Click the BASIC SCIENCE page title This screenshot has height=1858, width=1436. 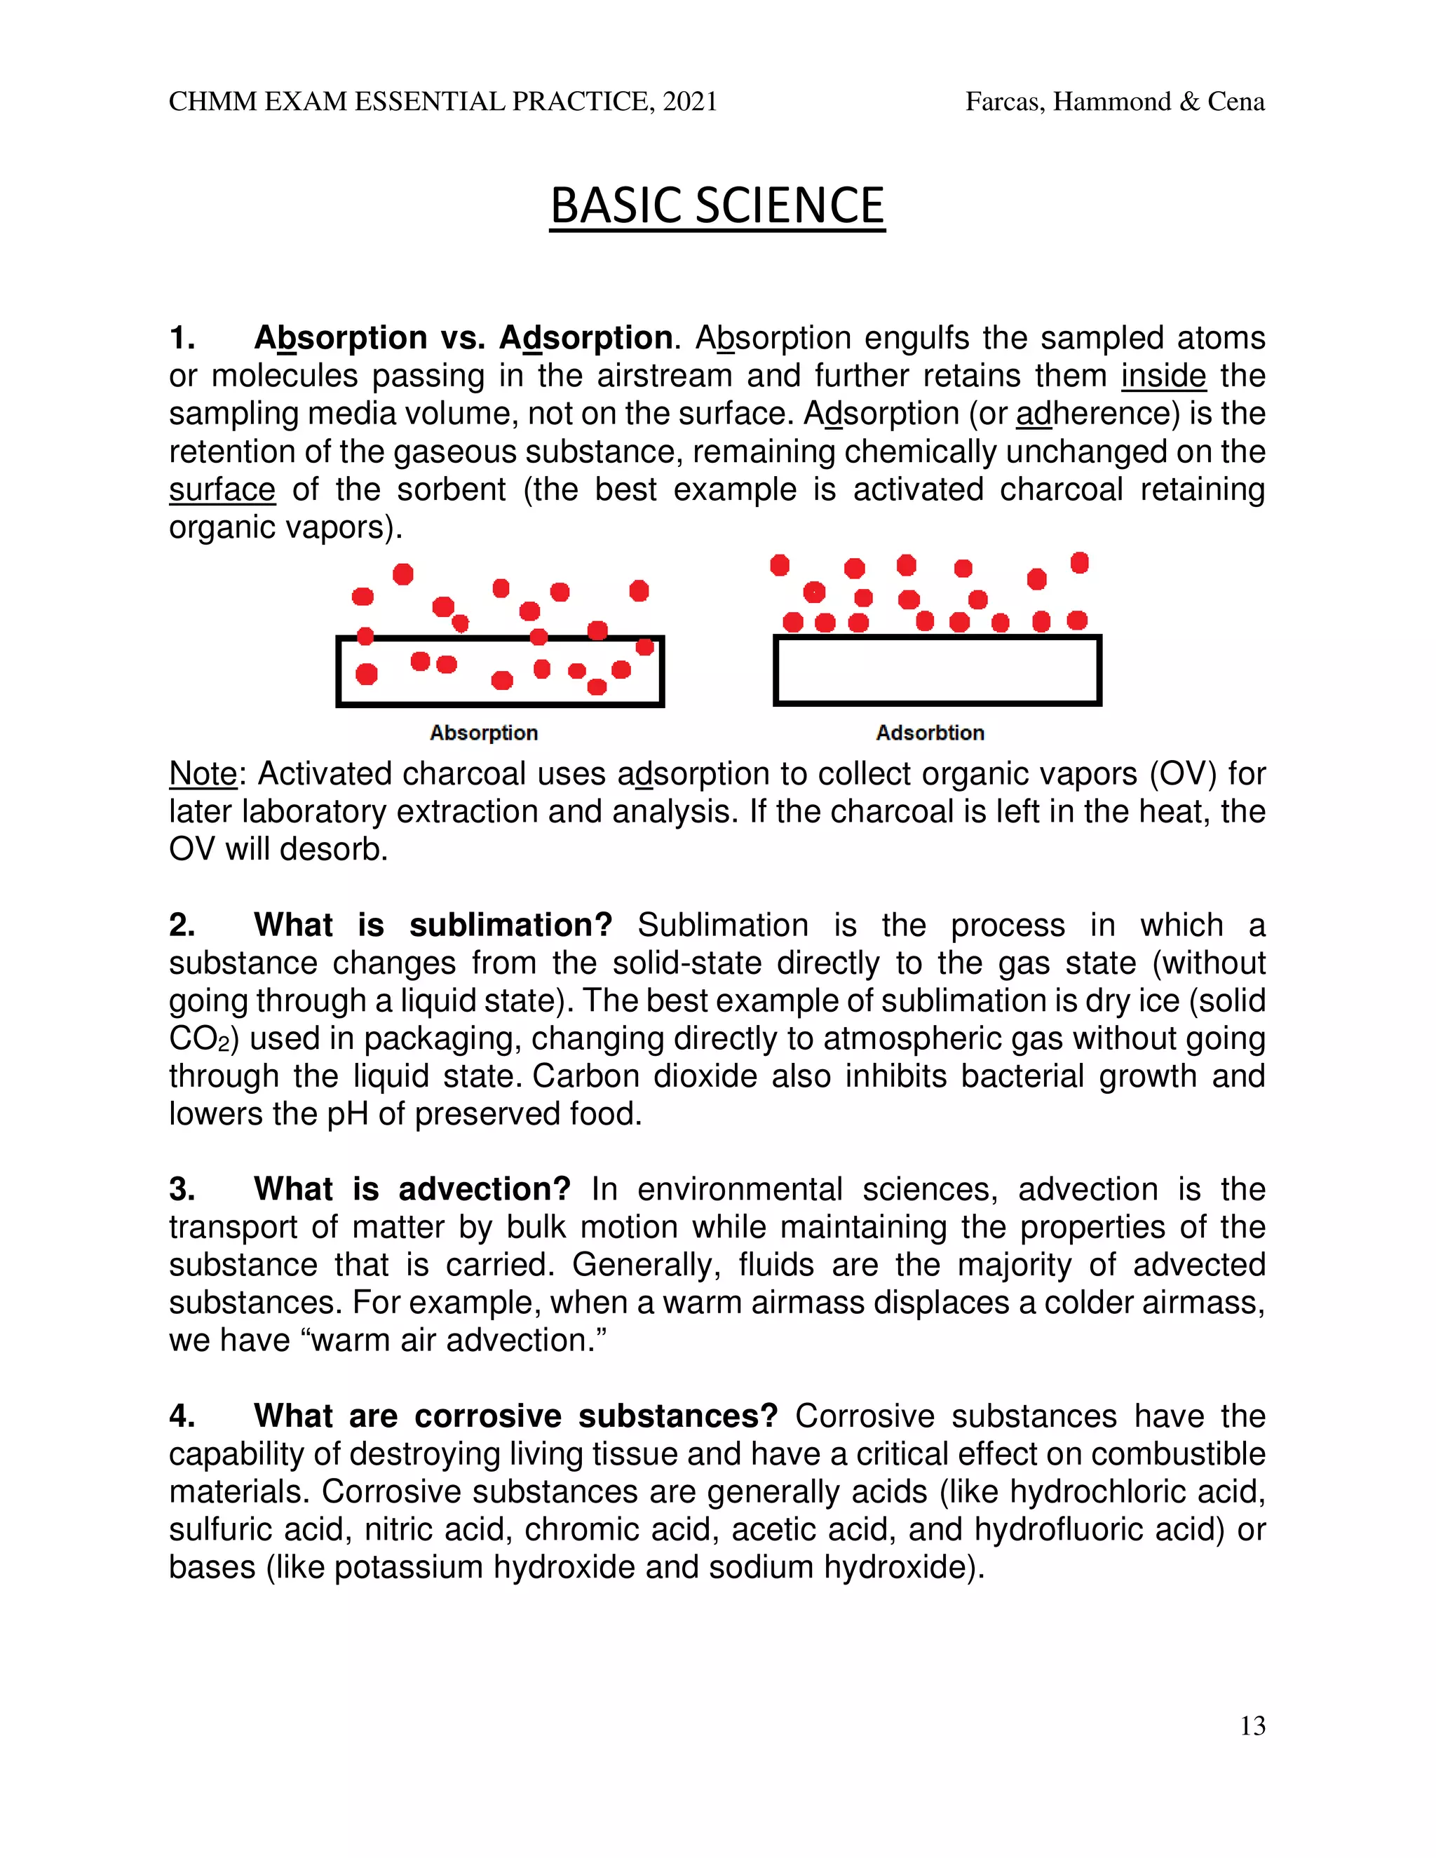[717, 207]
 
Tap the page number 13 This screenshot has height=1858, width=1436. [1252, 1725]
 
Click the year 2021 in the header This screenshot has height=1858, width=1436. [689, 102]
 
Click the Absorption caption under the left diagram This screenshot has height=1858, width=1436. [483, 733]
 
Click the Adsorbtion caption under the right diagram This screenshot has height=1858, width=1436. [930, 733]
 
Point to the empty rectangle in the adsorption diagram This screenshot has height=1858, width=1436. [937, 670]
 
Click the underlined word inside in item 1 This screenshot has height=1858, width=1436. [1163, 376]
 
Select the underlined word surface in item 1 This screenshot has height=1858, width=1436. [222, 490]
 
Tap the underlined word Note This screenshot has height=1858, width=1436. [203, 774]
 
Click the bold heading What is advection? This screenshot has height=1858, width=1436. [412, 1188]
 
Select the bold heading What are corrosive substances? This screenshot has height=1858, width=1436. [515, 1416]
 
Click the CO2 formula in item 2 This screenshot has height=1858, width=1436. [196, 1039]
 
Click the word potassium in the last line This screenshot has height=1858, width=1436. [408, 1567]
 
